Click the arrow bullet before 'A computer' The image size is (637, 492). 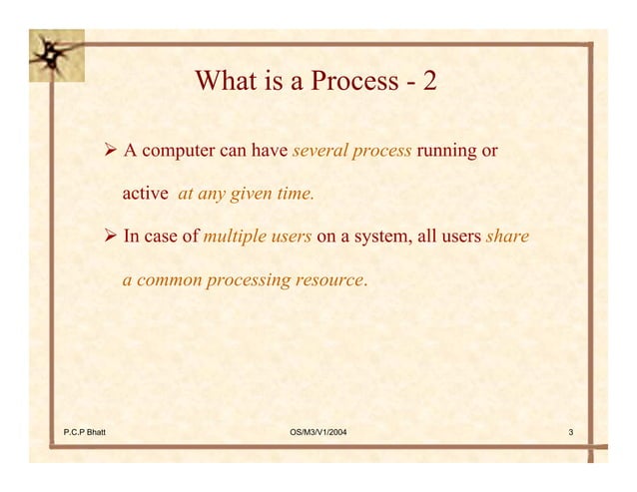(x=111, y=151)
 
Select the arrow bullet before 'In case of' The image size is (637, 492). (x=111, y=237)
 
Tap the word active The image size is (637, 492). (x=145, y=194)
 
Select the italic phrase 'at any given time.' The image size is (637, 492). (x=246, y=194)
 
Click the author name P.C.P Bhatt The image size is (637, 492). (x=85, y=431)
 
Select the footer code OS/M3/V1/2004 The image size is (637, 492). (x=318, y=431)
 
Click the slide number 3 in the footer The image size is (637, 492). (x=570, y=431)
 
